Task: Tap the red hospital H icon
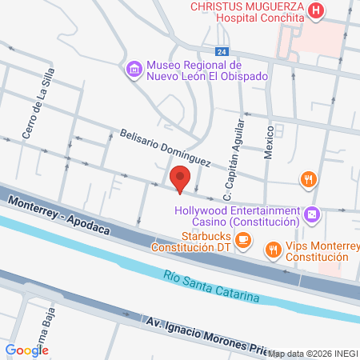(x=318, y=11)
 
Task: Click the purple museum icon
(x=134, y=70)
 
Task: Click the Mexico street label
(x=270, y=142)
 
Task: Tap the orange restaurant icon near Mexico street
(x=307, y=179)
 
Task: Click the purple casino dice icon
(x=313, y=214)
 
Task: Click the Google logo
(x=27, y=350)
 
